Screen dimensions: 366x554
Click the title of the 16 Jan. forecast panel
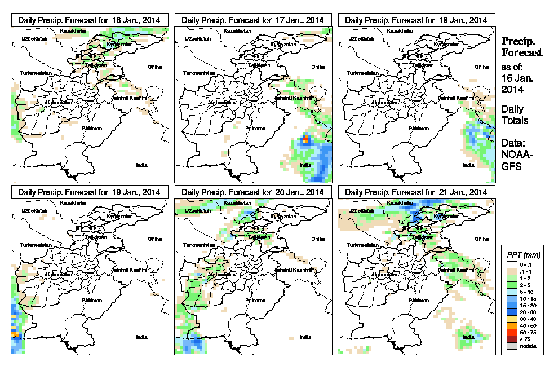(89, 20)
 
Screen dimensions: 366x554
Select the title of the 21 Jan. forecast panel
(416, 192)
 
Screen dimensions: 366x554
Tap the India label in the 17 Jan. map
(305, 165)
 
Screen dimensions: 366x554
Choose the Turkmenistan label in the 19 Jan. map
(36, 245)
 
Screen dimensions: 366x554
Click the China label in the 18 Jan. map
(481, 67)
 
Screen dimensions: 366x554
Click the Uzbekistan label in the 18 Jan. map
(362, 38)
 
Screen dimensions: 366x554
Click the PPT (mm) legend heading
(522, 254)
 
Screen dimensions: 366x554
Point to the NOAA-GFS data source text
(515, 159)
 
